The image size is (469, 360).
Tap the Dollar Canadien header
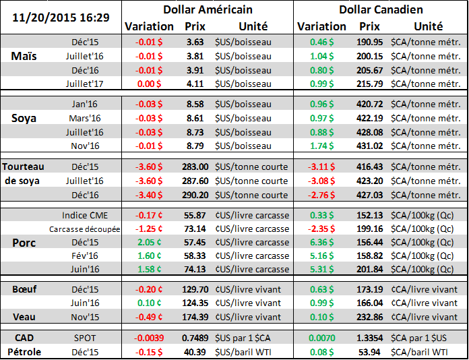(x=380, y=10)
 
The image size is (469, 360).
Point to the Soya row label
(x=24, y=118)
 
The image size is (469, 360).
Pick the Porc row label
(x=24, y=242)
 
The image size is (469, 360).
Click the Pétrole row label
(x=24, y=351)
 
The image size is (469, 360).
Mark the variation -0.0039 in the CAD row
(x=147, y=337)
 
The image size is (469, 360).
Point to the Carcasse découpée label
(x=85, y=229)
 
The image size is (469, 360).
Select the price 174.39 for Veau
(x=195, y=317)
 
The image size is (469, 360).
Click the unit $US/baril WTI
(x=247, y=351)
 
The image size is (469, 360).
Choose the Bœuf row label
(x=24, y=289)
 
